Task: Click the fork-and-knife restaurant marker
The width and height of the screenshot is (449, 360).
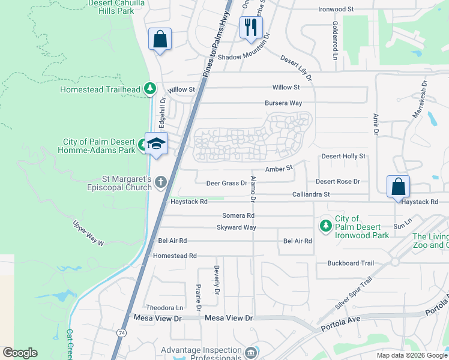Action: click(251, 28)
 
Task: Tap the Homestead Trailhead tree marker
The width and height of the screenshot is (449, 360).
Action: click(151, 90)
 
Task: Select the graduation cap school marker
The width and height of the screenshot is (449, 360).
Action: click(156, 144)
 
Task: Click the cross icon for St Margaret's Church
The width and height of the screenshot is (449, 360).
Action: click(160, 181)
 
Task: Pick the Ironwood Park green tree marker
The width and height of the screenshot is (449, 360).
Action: click(325, 226)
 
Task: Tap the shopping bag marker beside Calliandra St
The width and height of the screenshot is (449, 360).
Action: click(398, 187)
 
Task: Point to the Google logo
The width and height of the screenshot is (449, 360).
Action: click(20, 353)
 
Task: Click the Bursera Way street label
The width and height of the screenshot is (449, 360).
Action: click(283, 103)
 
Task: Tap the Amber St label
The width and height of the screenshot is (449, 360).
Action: click(279, 169)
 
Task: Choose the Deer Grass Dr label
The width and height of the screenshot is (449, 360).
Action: click(227, 183)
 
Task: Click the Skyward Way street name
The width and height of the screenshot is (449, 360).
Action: click(237, 227)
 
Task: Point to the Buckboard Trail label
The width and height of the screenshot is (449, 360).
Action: click(351, 263)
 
